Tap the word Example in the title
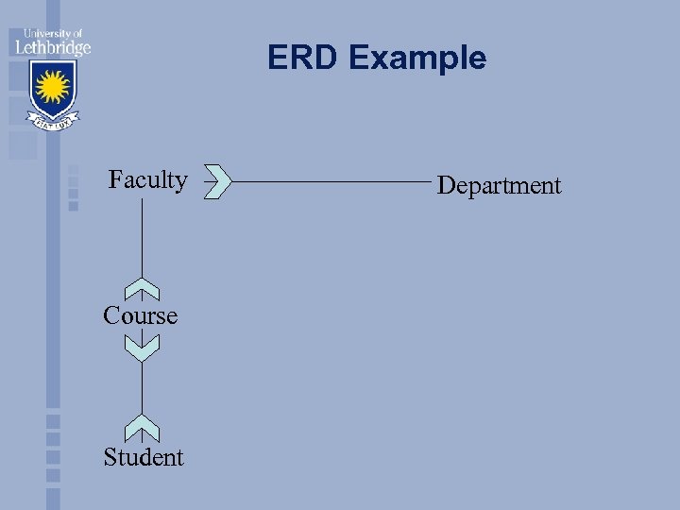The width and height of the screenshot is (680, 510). pyautogui.click(x=417, y=59)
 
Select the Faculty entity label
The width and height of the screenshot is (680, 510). pyautogui.click(x=148, y=179)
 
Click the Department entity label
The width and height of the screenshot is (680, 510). pyautogui.click(x=500, y=186)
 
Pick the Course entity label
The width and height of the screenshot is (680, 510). pyautogui.click(x=141, y=315)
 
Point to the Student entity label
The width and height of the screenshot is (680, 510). pyautogui.click(x=144, y=458)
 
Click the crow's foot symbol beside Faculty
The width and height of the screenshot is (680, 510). pyautogui.click(x=217, y=180)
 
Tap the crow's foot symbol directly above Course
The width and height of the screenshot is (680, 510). pyautogui.click(x=142, y=289)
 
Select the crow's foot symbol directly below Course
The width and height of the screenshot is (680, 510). pyautogui.click(x=142, y=348)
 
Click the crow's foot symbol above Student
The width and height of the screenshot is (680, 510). pyautogui.click(x=142, y=428)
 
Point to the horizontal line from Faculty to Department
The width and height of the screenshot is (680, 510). pyautogui.click(x=331, y=180)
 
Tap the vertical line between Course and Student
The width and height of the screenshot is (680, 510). pyautogui.click(x=142, y=387)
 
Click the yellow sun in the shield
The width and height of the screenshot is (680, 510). pyautogui.click(x=53, y=88)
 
